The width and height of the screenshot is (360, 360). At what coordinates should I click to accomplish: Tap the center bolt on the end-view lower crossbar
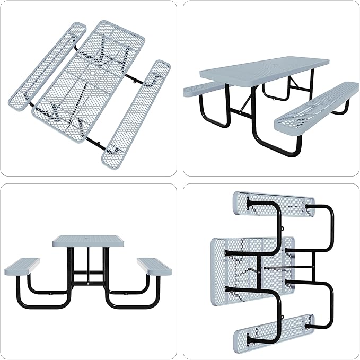[88, 283]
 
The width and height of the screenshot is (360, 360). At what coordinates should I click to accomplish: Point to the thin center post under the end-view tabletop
[88, 260]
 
